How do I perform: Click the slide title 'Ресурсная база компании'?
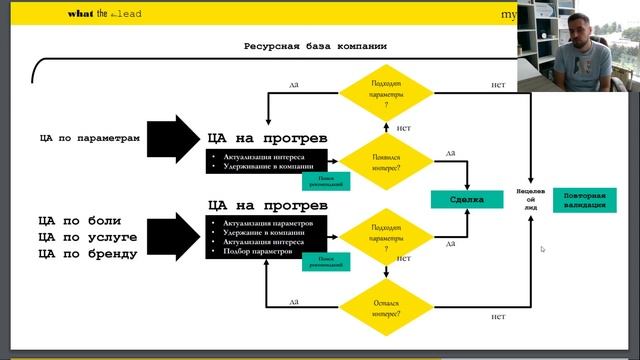tap(315, 47)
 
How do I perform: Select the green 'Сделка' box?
tap(467, 200)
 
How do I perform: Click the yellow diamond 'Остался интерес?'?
tap(386, 307)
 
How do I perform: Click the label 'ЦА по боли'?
tap(73, 219)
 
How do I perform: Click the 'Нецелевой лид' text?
tap(530, 198)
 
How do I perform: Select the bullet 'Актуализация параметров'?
tap(269, 222)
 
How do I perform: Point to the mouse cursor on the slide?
tap(542, 249)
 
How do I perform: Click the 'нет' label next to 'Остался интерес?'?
tap(497, 316)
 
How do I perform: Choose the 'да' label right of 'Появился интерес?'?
tap(450, 153)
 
